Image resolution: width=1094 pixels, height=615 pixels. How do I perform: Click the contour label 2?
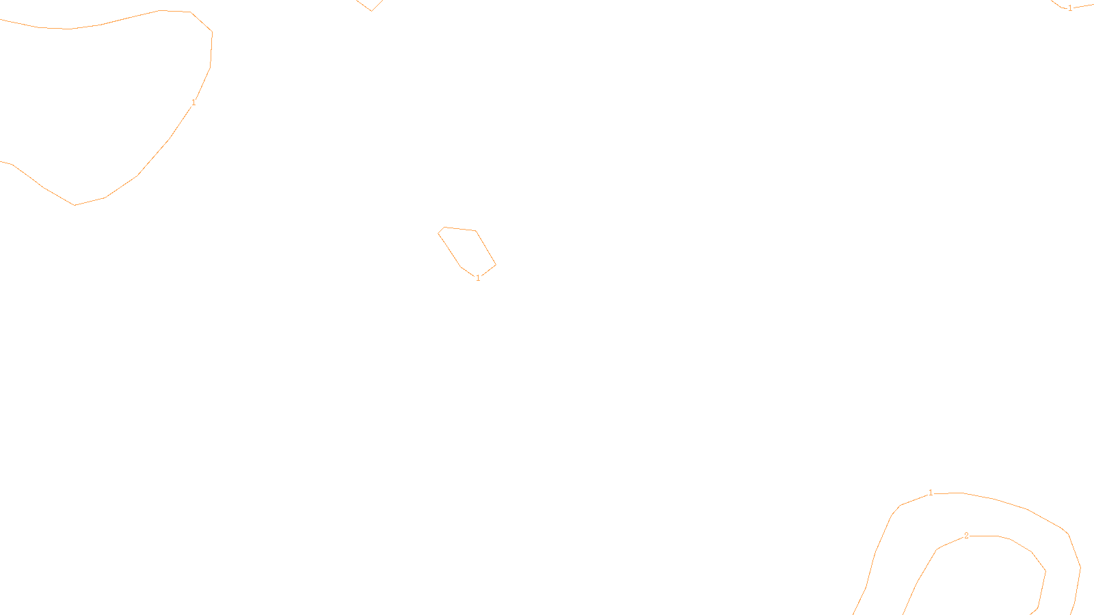pyautogui.click(x=966, y=536)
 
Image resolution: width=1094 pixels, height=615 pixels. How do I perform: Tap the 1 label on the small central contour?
pyautogui.click(x=478, y=278)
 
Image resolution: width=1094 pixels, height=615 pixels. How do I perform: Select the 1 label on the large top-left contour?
pyautogui.click(x=194, y=102)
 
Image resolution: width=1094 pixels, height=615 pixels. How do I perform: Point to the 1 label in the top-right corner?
pyautogui.click(x=1070, y=8)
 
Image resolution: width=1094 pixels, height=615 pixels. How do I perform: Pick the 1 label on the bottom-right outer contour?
pyautogui.click(x=931, y=493)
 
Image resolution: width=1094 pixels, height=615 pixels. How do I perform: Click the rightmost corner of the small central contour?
pyautogui.click(x=496, y=264)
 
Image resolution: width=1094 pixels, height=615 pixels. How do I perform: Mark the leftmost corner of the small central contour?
pyautogui.click(x=438, y=233)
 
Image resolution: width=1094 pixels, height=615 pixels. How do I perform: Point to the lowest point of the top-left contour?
pyautogui.click(x=75, y=205)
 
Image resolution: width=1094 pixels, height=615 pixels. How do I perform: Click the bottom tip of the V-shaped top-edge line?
pyautogui.click(x=371, y=11)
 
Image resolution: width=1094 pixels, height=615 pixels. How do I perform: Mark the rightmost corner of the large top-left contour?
pyautogui.click(x=212, y=32)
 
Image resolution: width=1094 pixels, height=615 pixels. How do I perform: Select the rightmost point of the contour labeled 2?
pyautogui.click(x=1045, y=571)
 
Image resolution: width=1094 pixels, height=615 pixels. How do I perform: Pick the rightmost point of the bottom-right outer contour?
pyautogui.click(x=1080, y=567)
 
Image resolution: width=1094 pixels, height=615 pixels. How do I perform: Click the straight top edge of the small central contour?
pyautogui.click(x=460, y=229)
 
